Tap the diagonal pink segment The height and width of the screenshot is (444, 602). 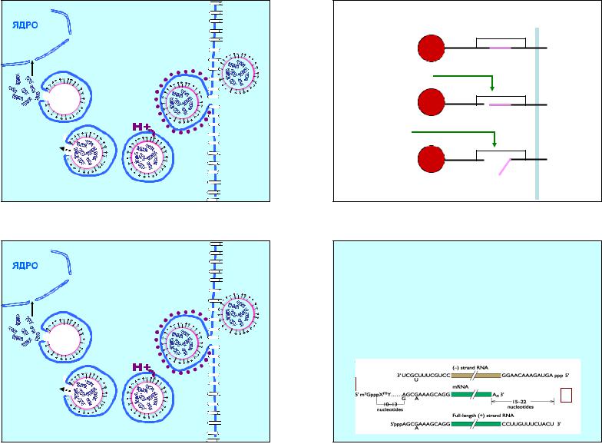coord(508,166)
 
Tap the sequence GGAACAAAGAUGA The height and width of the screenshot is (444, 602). coord(531,376)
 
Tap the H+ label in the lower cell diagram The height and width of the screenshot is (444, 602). coord(143,367)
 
